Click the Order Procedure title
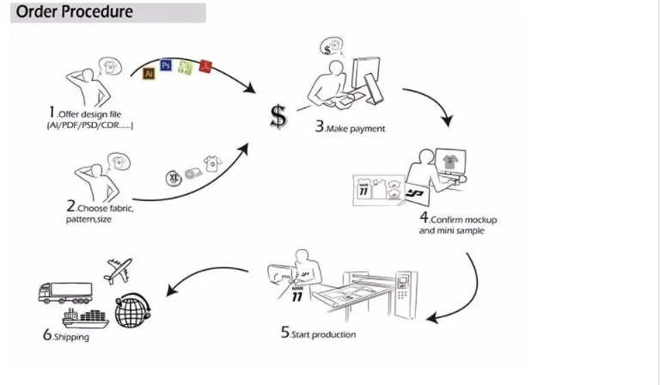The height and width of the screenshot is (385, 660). coord(75,12)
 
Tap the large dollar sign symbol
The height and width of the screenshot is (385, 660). coord(278,116)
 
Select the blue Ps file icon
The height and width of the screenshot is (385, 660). coord(167,65)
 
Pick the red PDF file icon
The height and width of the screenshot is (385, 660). coord(205,64)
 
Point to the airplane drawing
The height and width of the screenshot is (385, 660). coord(120,270)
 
